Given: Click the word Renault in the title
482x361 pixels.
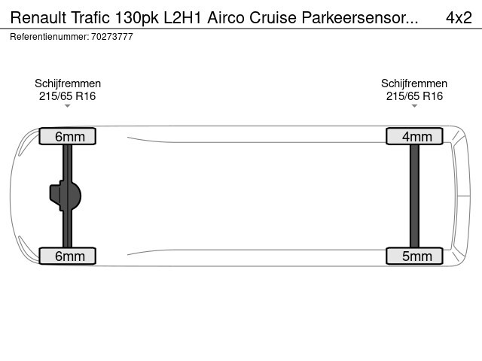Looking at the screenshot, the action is pyautogui.click(x=38, y=17).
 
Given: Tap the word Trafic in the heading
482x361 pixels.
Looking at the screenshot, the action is pyautogui.click(x=90, y=17).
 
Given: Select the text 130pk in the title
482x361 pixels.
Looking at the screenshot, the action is pyautogui.click(x=137, y=18).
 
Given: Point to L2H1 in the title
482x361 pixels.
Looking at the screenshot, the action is pyautogui.click(x=182, y=17).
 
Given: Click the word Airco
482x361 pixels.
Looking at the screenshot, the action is pyautogui.click(x=226, y=17).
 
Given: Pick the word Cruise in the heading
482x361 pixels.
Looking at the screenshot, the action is pyautogui.click(x=273, y=17).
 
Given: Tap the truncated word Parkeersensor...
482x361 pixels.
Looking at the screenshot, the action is pyautogui.click(x=360, y=17).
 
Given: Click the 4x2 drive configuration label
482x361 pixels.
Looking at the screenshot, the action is pyautogui.click(x=459, y=17).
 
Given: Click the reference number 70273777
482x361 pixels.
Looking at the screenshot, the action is pyautogui.click(x=112, y=37).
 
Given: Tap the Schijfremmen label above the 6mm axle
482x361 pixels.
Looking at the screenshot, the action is pyautogui.click(x=68, y=83).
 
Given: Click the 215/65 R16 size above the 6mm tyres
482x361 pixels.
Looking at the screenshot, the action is pyautogui.click(x=67, y=96).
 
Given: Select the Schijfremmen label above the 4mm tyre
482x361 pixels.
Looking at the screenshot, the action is pyautogui.click(x=414, y=83).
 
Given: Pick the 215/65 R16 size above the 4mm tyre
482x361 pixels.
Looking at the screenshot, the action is pyautogui.click(x=414, y=96).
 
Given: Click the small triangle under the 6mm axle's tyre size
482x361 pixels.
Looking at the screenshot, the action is pyautogui.click(x=67, y=106).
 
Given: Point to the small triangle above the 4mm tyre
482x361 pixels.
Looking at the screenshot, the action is pyautogui.click(x=414, y=106).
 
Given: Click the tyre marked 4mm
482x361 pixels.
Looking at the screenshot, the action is pyautogui.click(x=414, y=136).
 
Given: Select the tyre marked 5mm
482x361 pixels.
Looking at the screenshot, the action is pyautogui.click(x=414, y=256).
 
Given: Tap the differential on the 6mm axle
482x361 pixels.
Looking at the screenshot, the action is pyautogui.click(x=66, y=196).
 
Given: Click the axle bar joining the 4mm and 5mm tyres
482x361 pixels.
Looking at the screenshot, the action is pyautogui.click(x=414, y=196).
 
